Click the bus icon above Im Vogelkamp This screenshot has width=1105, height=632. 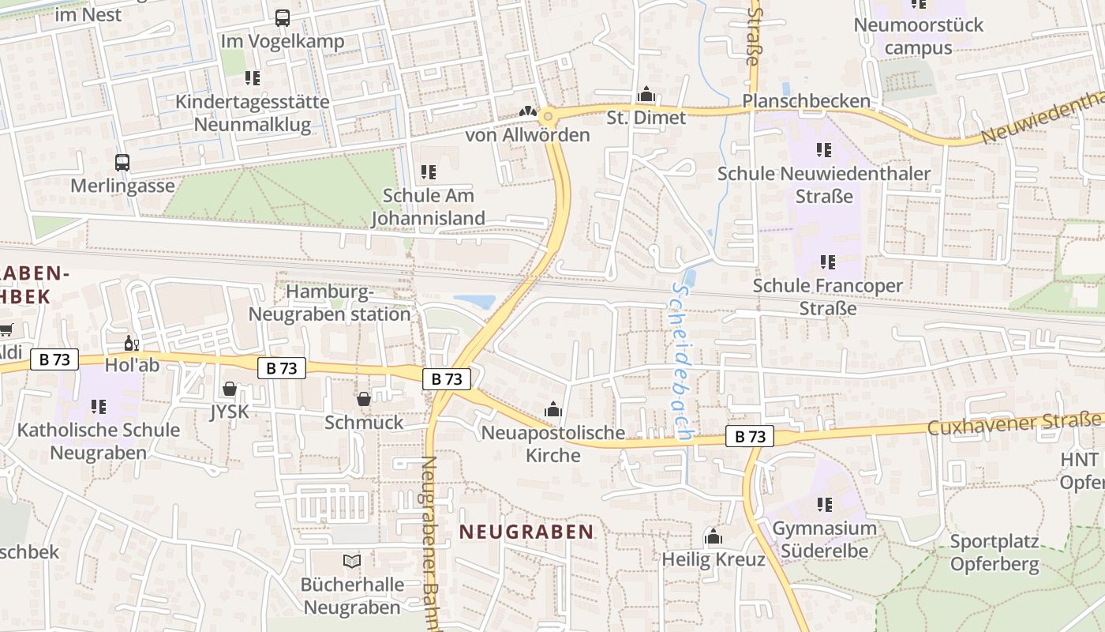[x=282, y=17]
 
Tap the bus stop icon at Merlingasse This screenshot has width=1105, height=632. [x=122, y=163]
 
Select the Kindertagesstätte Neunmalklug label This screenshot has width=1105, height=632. [x=253, y=113]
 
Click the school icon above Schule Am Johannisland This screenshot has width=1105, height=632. [x=429, y=171]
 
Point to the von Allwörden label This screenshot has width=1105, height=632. [x=527, y=135]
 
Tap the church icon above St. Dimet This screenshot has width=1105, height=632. [x=646, y=95]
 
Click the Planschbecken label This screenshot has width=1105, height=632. [x=806, y=101]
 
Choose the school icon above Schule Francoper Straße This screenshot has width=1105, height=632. [x=827, y=261]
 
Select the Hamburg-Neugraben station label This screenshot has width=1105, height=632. [x=330, y=303]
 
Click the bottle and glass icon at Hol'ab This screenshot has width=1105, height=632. [x=131, y=344]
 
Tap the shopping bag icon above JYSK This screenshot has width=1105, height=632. [x=229, y=389]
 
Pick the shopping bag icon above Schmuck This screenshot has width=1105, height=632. [x=364, y=399]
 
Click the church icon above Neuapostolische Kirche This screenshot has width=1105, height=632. [x=552, y=409]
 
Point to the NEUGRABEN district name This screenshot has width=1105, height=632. [x=526, y=532]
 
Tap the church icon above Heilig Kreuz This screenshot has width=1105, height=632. [x=714, y=536]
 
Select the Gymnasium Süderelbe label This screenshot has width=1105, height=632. [x=824, y=540]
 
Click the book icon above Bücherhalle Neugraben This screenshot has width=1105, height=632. [x=351, y=561]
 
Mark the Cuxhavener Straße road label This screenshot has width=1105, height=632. [x=1015, y=424]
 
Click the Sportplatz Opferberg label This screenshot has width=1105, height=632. [x=994, y=553]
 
